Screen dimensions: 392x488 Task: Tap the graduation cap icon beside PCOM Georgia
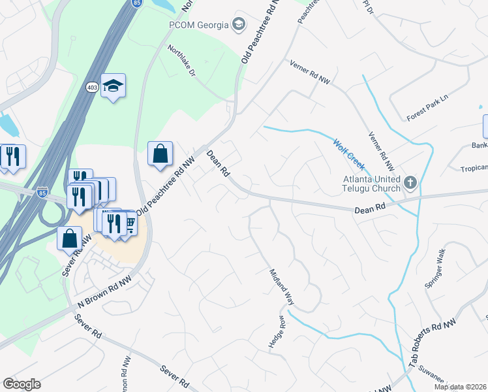point(239,25)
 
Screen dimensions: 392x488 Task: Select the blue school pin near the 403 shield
point(113,86)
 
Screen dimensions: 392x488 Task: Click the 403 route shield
point(92,86)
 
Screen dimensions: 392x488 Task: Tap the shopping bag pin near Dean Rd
point(160,155)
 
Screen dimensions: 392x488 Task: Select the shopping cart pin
point(130,225)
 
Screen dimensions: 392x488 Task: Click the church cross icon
point(410,182)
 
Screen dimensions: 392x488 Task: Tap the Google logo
point(22,384)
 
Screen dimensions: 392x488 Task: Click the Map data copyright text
point(461,387)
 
